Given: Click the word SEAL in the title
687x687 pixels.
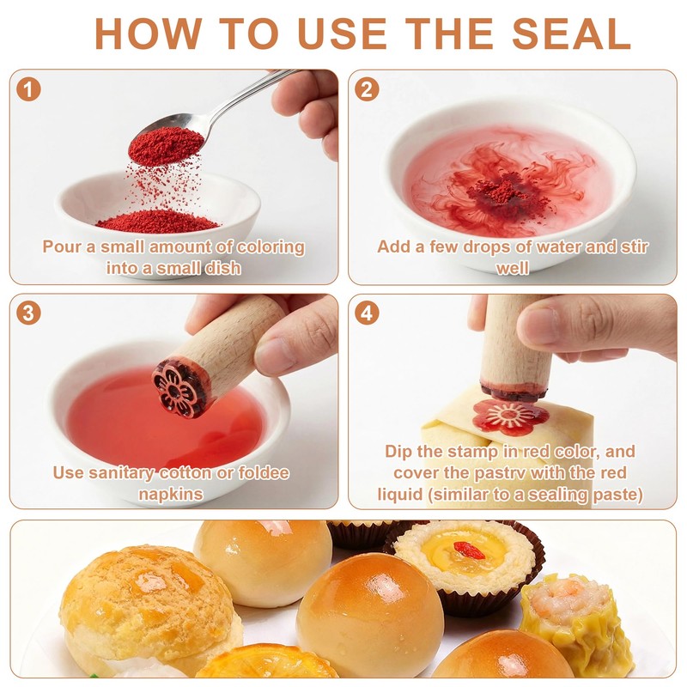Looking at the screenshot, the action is (571, 33).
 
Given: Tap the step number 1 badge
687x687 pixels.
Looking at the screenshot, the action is (28, 89).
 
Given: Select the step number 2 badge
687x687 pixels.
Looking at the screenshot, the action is (367, 89).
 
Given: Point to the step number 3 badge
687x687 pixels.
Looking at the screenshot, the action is (28, 313).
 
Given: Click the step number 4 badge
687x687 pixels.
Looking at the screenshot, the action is (367, 313).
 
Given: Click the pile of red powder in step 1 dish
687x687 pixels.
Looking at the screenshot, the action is (157, 222).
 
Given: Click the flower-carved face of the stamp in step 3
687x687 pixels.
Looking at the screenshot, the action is (174, 388).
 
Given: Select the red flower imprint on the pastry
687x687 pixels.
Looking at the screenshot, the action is (510, 416).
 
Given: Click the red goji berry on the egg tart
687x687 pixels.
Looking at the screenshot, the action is (469, 550).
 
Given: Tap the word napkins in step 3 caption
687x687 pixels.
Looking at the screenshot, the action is (171, 495).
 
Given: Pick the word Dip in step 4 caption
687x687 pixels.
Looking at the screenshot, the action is (398, 452).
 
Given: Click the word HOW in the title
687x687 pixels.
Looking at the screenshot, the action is (148, 33).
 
